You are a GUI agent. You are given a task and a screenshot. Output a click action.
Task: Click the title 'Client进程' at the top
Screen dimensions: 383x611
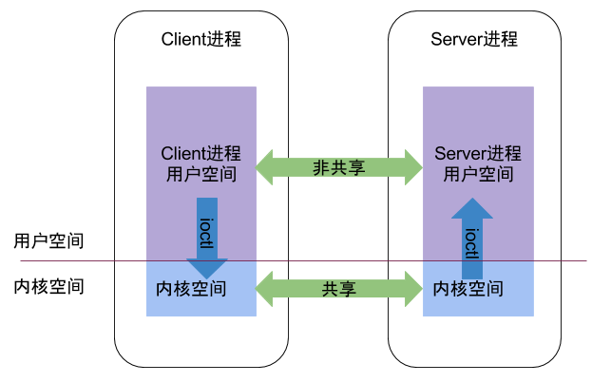tap(200, 39)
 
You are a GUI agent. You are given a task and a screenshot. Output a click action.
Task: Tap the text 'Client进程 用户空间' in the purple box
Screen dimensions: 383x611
tap(200, 163)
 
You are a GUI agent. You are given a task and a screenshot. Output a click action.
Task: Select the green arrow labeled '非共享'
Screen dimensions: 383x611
tap(339, 166)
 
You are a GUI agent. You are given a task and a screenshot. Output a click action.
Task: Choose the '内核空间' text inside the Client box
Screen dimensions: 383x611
tap(191, 288)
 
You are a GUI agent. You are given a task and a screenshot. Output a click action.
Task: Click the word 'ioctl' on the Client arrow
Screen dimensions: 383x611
tap(206, 230)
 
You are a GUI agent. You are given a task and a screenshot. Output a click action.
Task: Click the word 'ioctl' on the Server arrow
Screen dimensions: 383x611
tap(471, 243)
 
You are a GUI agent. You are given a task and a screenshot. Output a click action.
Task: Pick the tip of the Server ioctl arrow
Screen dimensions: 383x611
tap(471, 201)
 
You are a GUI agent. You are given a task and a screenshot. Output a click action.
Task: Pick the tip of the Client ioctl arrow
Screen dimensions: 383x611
tap(206, 276)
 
